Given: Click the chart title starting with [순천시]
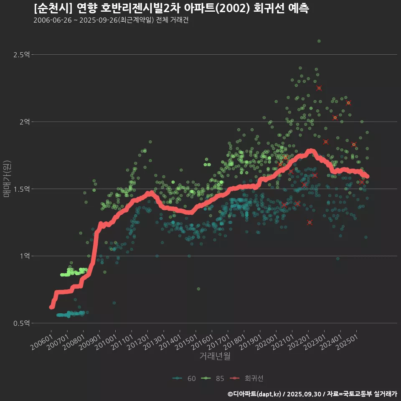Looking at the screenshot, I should (x=171, y=8).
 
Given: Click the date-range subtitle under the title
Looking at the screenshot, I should (x=111, y=20).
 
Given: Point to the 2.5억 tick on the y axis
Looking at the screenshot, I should (x=22, y=55).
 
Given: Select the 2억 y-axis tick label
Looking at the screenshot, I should (x=24, y=122).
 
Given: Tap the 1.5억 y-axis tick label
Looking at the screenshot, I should (x=22, y=189).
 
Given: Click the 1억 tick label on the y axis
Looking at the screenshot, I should (x=24, y=256).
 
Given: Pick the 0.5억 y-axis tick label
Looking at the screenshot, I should (x=22, y=323).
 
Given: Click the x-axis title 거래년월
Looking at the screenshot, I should (x=215, y=356).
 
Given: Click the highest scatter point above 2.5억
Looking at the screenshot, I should (x=319, y=41).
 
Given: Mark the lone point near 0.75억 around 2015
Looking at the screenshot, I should (x=198, y=289).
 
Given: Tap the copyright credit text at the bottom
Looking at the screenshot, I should (x=312, y=394).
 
